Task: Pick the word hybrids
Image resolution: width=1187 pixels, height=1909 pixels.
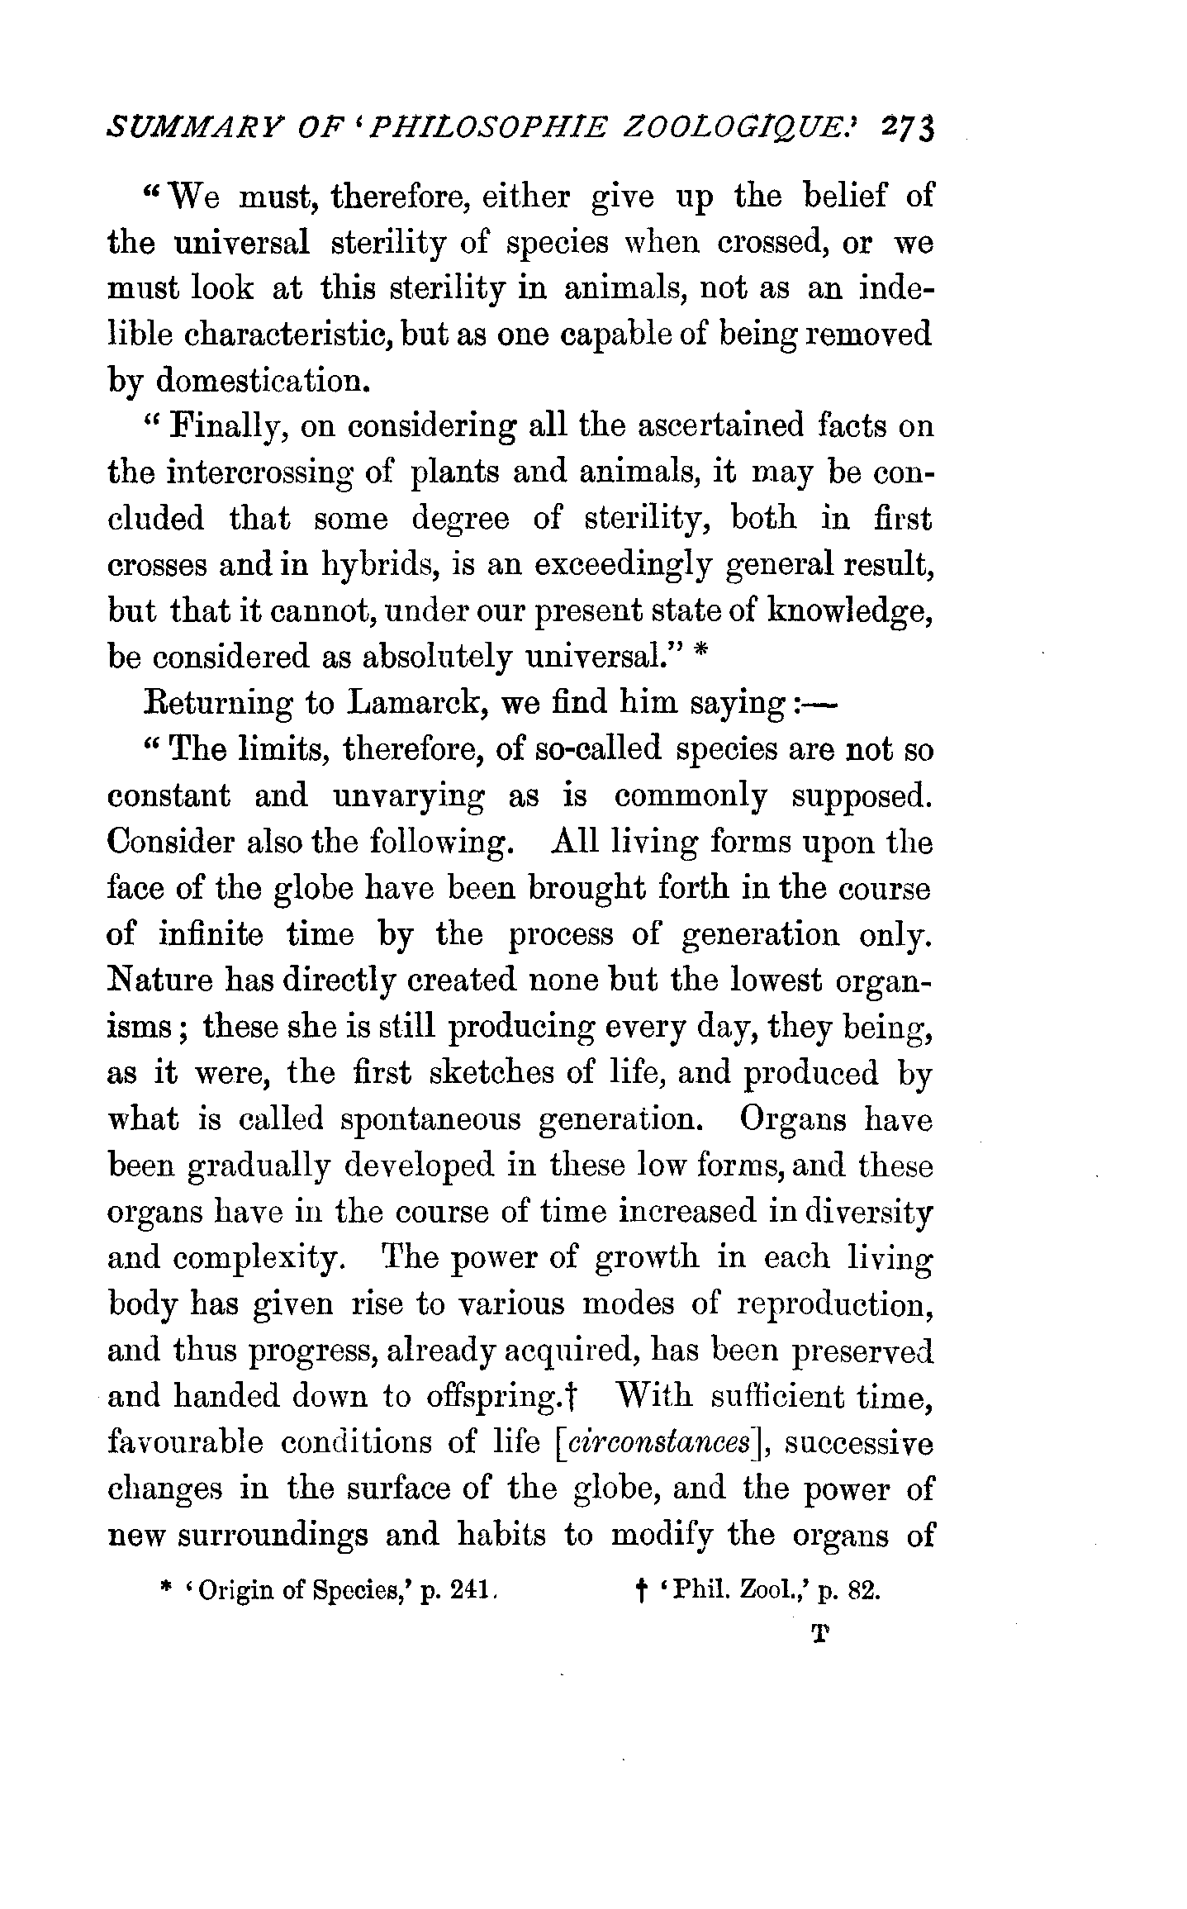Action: tap(377, 566)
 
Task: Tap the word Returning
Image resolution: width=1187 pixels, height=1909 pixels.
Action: tap(217, 704)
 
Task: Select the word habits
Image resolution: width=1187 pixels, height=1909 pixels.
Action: tap(501, 1536)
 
